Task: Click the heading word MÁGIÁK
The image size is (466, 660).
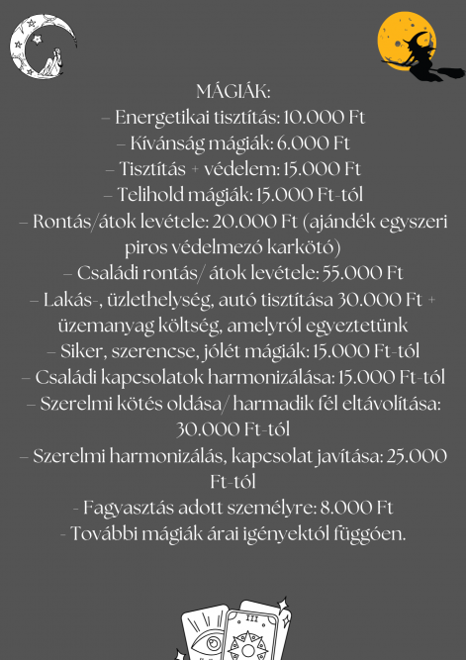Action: coord(233,93)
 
